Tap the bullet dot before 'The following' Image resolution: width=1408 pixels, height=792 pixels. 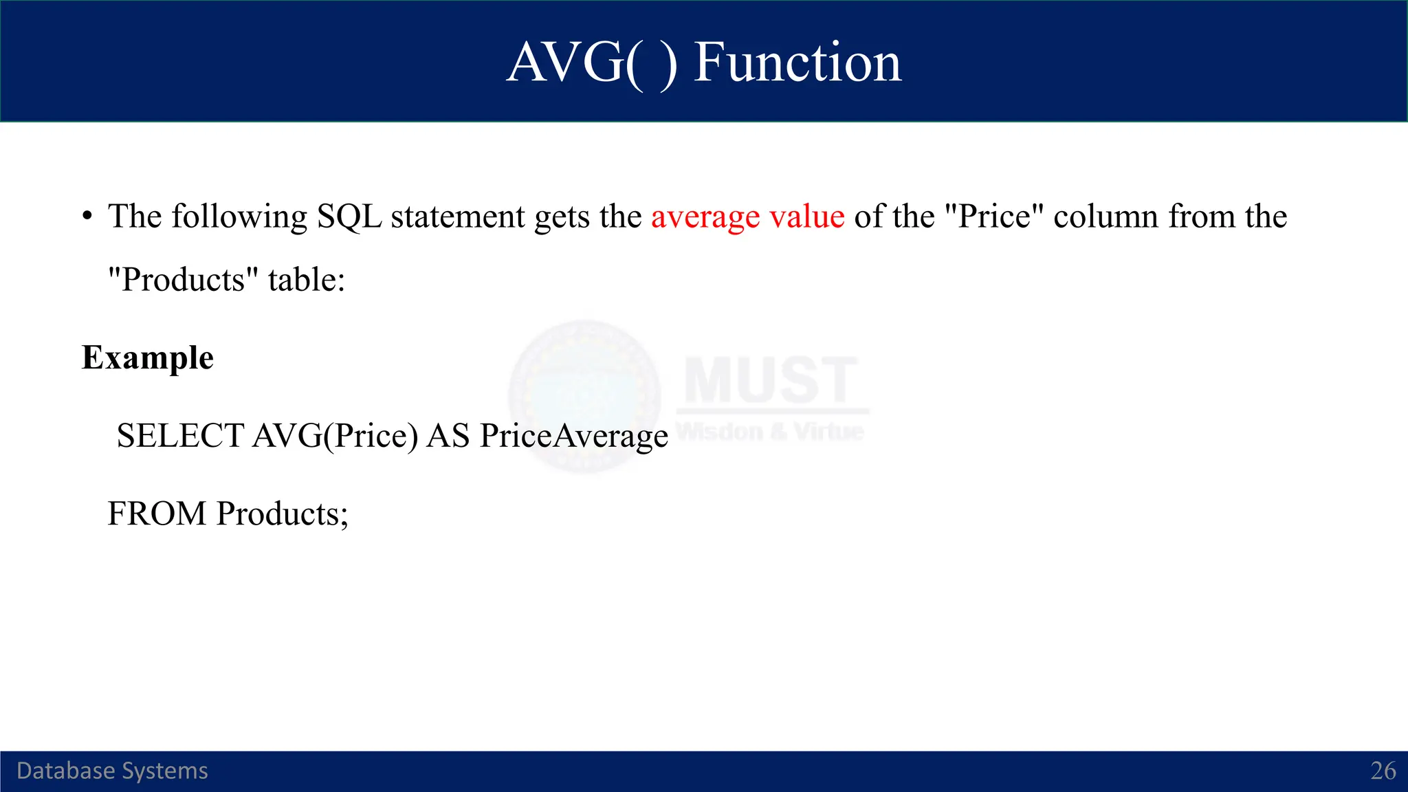87,217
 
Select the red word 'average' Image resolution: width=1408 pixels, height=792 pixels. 705,217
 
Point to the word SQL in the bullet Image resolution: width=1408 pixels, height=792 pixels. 349,217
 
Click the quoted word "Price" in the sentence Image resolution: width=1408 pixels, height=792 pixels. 994,217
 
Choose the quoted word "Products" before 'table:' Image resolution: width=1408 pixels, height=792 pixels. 184,280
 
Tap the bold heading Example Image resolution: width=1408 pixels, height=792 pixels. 148,358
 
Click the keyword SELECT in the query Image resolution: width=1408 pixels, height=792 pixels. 180,436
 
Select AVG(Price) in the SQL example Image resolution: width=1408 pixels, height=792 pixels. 335,436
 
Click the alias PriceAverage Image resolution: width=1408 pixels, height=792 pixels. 573,436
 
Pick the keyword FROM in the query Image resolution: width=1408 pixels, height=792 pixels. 157,514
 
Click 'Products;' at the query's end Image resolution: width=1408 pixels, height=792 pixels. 283,514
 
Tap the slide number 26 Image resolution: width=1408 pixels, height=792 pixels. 1383,771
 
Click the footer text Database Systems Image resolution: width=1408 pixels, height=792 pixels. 112,771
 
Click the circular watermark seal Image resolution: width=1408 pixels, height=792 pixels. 585,397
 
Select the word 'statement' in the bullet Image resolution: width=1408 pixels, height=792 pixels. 457,217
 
